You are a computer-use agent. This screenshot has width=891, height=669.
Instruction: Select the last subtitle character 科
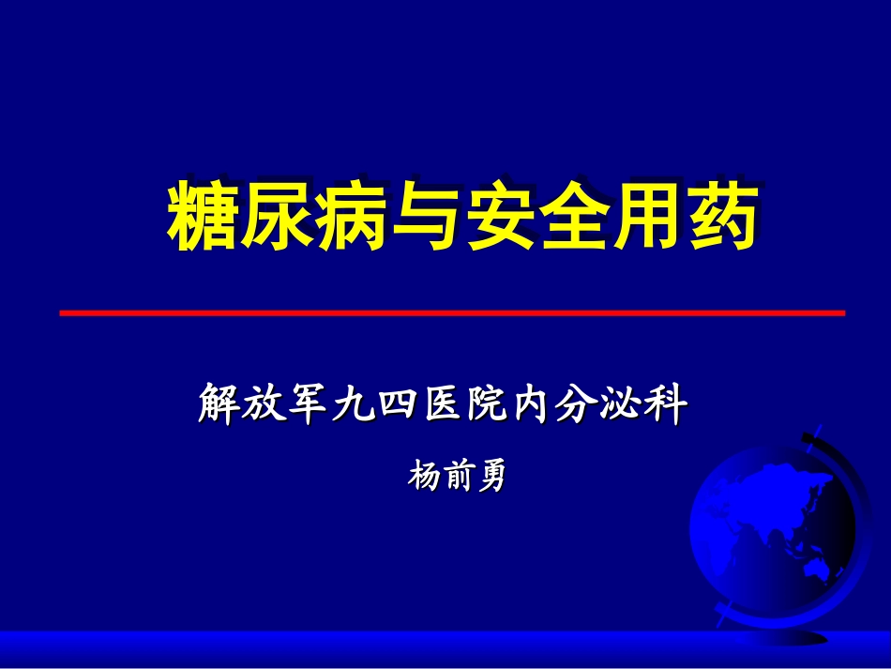[667, 404]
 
